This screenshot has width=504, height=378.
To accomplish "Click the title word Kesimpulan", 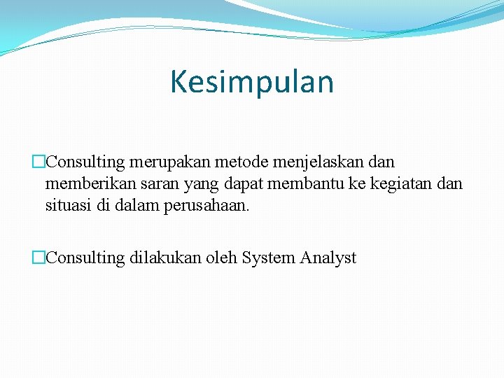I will point(252,82).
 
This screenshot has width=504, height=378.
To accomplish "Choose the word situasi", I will point(69,207).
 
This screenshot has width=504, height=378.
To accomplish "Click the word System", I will point(269,258).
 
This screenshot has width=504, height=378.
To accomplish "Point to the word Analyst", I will point(328,258).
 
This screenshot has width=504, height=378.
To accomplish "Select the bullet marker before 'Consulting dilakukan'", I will point(38,258).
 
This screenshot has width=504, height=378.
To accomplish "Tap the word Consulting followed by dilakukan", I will point(85,258).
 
